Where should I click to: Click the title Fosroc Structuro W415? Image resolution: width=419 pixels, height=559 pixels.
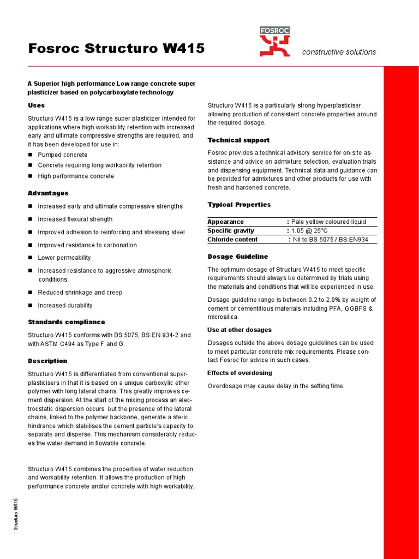coord(116,49)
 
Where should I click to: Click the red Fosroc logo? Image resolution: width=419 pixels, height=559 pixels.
coord(274,42)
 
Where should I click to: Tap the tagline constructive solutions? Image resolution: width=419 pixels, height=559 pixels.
coord(339,52)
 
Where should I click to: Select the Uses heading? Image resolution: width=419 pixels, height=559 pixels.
coord(36,105)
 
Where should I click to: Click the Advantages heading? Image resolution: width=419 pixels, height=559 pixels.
coord(48,193)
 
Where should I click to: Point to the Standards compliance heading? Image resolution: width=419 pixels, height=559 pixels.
coord(66,322)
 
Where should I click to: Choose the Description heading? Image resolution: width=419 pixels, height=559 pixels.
coord(47,361)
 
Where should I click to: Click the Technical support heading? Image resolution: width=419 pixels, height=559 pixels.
coord(238,140)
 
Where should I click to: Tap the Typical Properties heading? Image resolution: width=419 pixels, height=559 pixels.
coord(239,205)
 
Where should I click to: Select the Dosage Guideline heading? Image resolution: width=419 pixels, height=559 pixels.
coord(237,257)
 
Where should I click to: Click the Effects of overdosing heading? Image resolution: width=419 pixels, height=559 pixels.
coord(240,373)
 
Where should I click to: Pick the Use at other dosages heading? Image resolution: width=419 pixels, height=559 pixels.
coord(239,330)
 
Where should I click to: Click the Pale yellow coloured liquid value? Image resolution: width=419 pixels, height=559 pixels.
coord(328,222)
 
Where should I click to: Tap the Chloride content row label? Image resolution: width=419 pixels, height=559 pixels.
coord(232,240)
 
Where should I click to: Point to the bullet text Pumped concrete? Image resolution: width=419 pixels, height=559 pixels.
coord(62,155)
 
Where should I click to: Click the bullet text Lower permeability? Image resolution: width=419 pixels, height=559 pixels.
coord(64,258)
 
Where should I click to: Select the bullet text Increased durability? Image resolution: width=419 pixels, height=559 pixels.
coord(65,306)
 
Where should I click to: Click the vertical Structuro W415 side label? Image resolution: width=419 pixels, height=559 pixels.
coord(16,514)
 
